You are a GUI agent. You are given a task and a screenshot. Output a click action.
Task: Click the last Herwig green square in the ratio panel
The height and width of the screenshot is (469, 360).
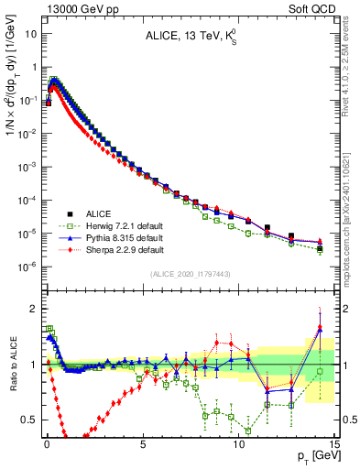(320, 371)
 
